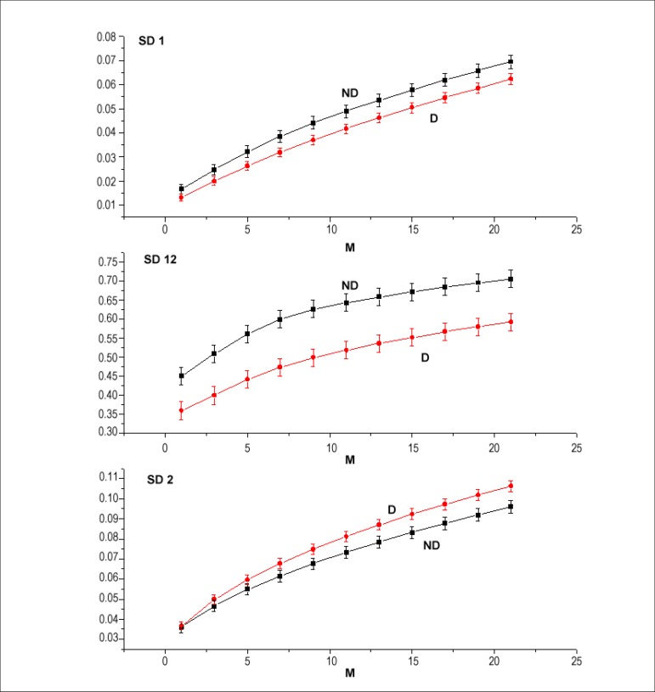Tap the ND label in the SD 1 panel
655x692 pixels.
click(x=348, y=92)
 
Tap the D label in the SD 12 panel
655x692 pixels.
click(x=426, y=357)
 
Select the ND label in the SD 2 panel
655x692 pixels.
click(x=431, y=545)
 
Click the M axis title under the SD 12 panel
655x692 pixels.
click(x=350, y=459)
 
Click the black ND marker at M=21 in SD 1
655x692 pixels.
click(x=511, y=61)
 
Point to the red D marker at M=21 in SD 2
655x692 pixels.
click(x=511, y=486)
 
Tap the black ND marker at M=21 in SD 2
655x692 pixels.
click(x=511, y=507)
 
